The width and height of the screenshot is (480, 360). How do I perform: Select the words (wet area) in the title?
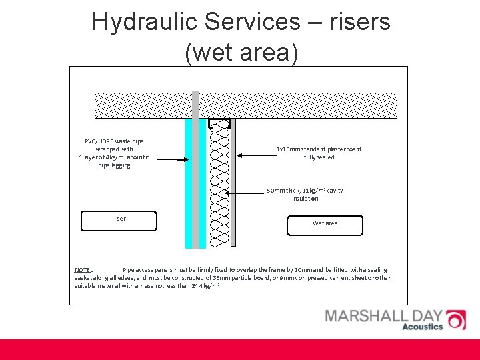[x=241, y=52]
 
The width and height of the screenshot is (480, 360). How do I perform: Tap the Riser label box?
[x=119, y=220]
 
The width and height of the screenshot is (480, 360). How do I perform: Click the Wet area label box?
[x=325, y=225]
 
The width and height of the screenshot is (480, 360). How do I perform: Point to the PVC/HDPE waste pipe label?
[x=114, y=153]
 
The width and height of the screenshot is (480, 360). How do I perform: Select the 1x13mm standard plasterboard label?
[x=319, y=153]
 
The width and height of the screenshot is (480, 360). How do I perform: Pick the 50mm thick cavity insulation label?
[x=305, y=195]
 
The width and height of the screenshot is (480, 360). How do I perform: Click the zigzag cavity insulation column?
[x=219, y=187]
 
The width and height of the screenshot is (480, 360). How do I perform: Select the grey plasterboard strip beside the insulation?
[x=233, y=187]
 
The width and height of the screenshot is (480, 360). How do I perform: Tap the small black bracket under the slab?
[x=219, y=123]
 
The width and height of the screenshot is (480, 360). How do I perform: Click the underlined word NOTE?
[x=83, y=270]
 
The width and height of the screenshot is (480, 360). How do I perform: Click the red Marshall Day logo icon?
[x=455, y=320]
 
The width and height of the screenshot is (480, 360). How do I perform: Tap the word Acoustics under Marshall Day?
[x=422, y=327]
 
